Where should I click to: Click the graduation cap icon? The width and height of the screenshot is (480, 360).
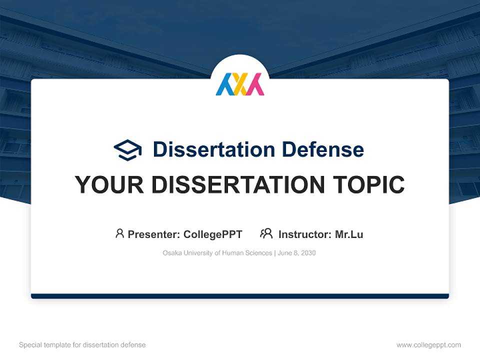(x=127, y=149)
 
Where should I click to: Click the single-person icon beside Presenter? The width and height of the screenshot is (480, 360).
(x=119, y=233)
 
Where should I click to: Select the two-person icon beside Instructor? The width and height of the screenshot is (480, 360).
(x=266, y=233)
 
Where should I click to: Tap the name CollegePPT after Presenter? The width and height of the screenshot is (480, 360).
(x=212, y=234)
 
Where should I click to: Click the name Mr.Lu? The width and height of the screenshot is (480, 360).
(x=349, y=234)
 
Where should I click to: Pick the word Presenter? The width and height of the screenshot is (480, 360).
(x=154, y=234)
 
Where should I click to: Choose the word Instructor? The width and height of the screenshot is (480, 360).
(x=304, y=234)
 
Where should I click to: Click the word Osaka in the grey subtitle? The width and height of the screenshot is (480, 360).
(x=171, y=253)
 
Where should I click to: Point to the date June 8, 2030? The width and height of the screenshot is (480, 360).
(x=296, y=253)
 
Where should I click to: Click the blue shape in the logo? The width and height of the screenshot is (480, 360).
(x=223, y=85)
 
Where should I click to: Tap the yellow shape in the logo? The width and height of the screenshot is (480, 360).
(x=240, y=85)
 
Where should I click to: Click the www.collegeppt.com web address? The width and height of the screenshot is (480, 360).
(x=428, y=345)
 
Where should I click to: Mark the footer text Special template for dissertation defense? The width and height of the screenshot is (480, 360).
(x=82, y=345)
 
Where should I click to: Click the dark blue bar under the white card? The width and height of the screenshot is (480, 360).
(x=240, y=296)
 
